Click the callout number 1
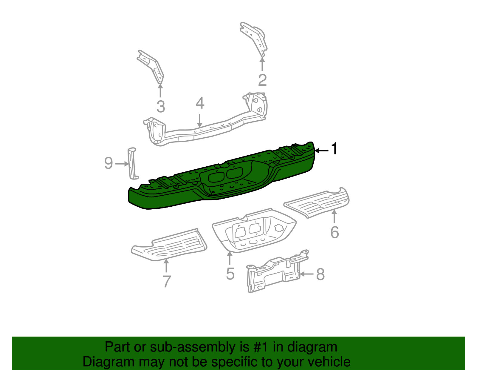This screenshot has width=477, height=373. [335, 148]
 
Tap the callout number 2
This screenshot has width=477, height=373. [262, 80]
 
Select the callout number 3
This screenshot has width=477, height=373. [161, 107]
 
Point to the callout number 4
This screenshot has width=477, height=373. [200, 103]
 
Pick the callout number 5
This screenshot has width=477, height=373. [230, 274]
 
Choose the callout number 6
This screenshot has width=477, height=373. [335, 232]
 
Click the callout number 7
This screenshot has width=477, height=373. [167, 281]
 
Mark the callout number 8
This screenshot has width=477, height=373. [320, 274]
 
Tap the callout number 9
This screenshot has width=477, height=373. [109, 163]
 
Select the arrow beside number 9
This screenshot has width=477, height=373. [122, 164]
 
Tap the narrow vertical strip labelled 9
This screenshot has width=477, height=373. [132, 164]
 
